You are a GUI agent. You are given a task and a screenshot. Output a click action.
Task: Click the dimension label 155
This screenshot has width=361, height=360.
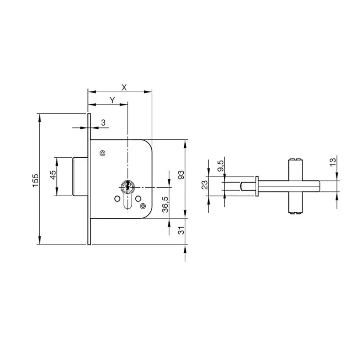coord(35,180)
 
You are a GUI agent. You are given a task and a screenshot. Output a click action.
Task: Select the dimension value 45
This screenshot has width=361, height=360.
coord(53,175)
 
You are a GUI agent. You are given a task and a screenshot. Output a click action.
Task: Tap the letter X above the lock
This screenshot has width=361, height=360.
coord(124,88)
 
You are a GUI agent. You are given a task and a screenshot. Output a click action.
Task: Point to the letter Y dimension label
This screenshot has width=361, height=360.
coord(112,100)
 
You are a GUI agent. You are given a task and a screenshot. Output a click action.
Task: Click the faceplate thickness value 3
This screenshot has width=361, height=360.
coord(103,123)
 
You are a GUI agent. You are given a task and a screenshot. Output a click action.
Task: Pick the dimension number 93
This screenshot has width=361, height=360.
coord(181,175)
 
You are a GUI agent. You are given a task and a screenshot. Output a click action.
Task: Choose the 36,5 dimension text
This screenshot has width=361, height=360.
coord(165,204)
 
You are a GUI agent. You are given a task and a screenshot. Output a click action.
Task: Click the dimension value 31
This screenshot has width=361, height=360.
coord(181,230)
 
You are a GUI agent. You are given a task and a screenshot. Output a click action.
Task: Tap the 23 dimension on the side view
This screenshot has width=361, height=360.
coord(204,185)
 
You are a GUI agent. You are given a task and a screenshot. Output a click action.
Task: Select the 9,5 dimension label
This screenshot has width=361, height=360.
coord(220,166)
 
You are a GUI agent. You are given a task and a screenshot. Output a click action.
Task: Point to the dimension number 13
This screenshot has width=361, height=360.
coord(333,162)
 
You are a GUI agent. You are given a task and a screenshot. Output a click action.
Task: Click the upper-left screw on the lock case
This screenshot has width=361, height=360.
coord(102,153)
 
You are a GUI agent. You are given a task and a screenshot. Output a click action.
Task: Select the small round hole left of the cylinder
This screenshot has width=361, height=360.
coord(117,199)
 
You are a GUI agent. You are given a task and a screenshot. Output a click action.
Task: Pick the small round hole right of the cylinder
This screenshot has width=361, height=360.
coord(138,199)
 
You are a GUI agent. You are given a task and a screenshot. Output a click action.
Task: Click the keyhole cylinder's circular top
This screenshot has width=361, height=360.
coord(127,186)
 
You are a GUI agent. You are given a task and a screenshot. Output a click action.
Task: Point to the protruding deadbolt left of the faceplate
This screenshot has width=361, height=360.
coord(80,176)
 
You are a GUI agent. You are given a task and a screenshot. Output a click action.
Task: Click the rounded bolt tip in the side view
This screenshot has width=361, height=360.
coord(242,186)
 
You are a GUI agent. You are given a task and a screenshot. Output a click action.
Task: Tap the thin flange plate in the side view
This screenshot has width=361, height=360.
coord(257,186)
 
